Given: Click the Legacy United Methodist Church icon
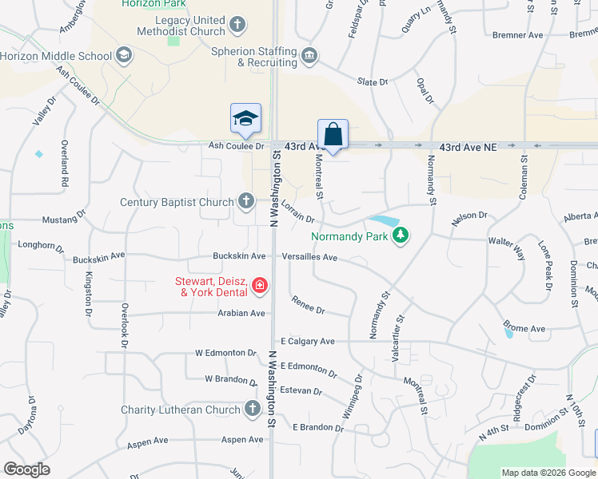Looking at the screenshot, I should tap(237, 26).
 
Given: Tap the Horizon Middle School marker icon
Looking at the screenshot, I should tap(123, 56).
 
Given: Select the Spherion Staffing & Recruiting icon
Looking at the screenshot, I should tap(309, 56).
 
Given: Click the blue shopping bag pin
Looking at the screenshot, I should tap(333, 133).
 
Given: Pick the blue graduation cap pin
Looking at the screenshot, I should tap(246, 119).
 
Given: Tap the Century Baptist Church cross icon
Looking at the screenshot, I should tap(245, 201).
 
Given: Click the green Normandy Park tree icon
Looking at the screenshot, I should tap(401, 236).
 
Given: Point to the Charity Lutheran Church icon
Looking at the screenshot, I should tap(252, 410).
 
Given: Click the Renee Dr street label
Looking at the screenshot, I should tap(309, 309).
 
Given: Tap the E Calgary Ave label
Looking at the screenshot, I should tap(308, 341).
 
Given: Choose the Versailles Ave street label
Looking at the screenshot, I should tap(310, 257).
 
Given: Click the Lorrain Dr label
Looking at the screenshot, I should tap(298, 212).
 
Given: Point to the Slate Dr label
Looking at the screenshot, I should tap(372, 82).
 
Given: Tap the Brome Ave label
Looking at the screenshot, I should tap(524, 328).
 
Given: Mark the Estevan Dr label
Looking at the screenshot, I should tap(301, 392).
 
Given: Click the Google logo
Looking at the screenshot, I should tap(28, 469).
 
